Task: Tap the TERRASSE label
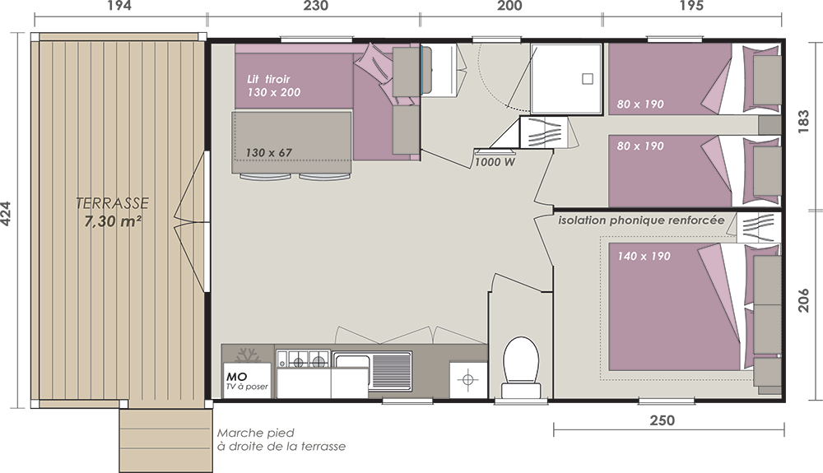tap(112, 203)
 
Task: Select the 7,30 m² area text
tap(113, 221)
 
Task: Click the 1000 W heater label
tap(495, 163)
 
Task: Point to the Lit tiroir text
tap(268, 79)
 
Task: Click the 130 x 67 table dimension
tap(269, 153)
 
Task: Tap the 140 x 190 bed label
tap(644, 257)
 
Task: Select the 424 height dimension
tap(6, 214)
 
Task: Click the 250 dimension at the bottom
tap(663, 420)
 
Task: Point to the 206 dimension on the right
tap(803, 300)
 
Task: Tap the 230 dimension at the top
tap(316, 6)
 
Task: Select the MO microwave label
tap(237, 377)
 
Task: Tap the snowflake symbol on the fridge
tap(247, 355)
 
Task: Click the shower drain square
tap(588, 79)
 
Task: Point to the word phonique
tap(641, 220)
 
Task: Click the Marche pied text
tap(256, 434)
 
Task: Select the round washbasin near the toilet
tap(467, 378)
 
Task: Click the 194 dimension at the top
tap(119, 6)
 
